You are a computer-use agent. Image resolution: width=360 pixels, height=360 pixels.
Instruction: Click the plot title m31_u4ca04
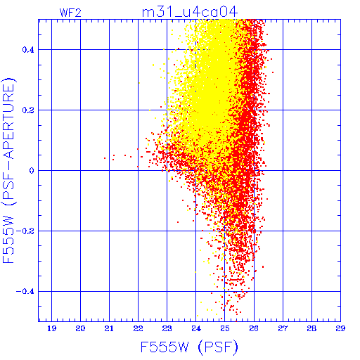point(190,12)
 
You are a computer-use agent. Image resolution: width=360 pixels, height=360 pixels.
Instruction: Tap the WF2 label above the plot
point(70,13)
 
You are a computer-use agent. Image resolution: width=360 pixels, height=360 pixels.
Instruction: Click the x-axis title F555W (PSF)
point(189,347)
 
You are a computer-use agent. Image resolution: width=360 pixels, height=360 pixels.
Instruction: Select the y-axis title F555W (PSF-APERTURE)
point(8,170)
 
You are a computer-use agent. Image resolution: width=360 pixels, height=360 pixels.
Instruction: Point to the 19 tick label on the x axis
point(51,328)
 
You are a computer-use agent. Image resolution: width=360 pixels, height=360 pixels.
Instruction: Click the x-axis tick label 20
point(80,328)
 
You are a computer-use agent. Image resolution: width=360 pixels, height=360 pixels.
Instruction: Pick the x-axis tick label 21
point(109,328)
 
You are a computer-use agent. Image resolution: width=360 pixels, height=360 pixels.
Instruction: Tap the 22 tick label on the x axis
point(138,328)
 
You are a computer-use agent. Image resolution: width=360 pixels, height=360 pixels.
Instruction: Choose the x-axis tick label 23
point(167,328)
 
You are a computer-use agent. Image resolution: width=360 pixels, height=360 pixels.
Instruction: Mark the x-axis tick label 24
point(196,328)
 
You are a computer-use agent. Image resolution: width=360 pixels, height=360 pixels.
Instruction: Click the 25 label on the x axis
point(225,328)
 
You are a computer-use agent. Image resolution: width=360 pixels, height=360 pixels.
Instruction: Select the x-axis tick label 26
point(254,328)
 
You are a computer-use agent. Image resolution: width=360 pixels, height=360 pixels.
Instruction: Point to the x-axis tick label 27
point(283,328)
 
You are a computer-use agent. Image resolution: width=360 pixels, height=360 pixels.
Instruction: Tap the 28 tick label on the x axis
point(311,328)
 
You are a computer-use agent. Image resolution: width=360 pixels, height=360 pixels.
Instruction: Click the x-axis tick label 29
point(340,328)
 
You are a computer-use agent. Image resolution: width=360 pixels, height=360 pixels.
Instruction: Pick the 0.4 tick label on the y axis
point(28,50)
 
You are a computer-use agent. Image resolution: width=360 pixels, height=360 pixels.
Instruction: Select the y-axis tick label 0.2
point(28,110)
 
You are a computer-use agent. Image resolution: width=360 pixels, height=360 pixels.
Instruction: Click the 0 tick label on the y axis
point(32,171)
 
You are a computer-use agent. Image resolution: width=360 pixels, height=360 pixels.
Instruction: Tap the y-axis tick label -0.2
point(25,231)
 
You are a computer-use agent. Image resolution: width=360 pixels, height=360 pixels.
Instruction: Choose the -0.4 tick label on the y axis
point(25,292)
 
